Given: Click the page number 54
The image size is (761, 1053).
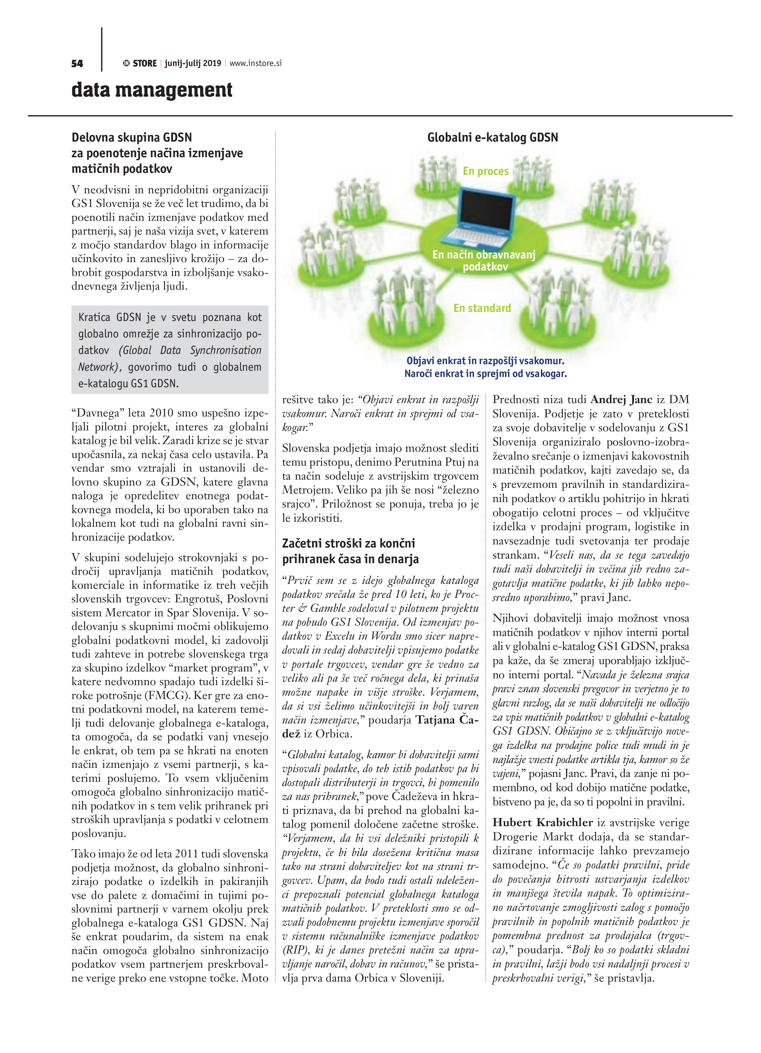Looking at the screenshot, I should (x=77, y=64).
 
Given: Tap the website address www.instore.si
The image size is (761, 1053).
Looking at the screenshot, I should (x=255, y=63).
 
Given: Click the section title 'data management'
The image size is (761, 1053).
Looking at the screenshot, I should (x=152, y=90).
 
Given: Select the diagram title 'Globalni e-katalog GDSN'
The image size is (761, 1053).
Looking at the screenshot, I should (x=492, y=137).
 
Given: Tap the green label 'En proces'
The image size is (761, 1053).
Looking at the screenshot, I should (x=486, y=171).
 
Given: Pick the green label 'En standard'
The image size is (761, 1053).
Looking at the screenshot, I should (x=482, y=308).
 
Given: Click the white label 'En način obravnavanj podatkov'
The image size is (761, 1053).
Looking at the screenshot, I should (x=484, y=260).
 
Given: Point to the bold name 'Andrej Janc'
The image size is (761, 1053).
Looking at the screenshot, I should (x=621, y=399).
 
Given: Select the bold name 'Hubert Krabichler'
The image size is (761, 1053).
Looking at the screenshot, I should (x=542, y=822).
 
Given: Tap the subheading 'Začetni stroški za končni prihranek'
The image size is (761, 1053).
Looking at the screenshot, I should (x=348, y=551).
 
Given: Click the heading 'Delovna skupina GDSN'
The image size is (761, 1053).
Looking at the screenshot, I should (x=131, y=137).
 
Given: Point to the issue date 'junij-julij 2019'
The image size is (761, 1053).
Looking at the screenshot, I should (x=193, y=63).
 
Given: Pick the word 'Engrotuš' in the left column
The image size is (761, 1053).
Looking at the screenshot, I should (x=197, y=599).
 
